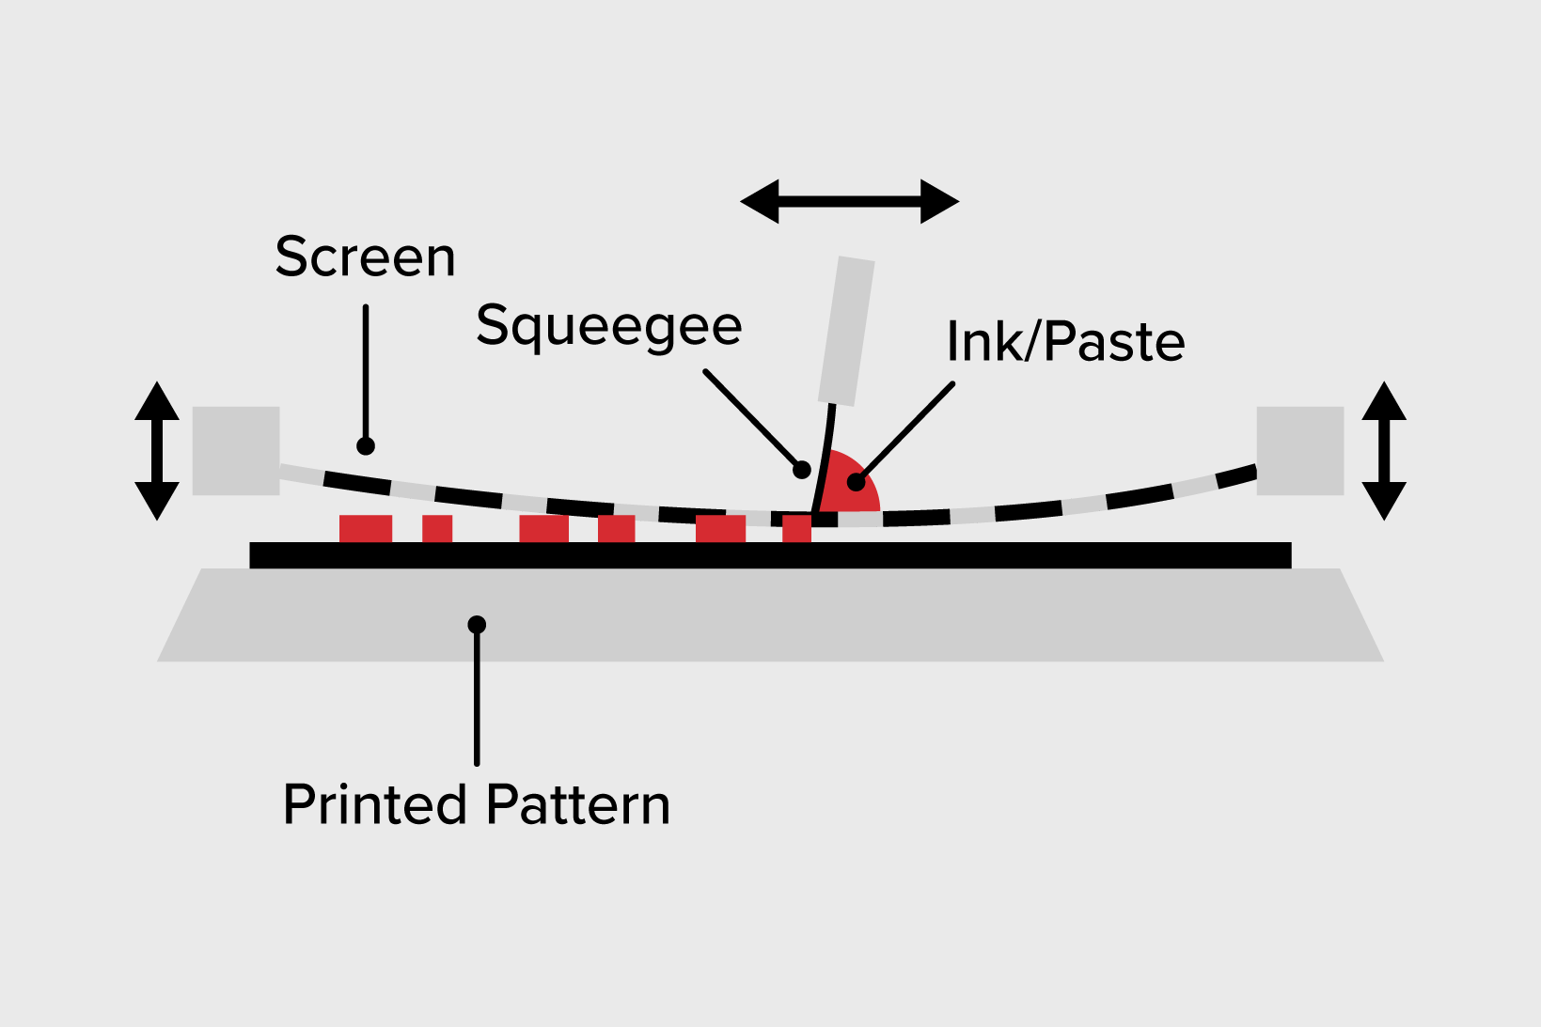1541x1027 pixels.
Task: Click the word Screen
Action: [x=365, y=257]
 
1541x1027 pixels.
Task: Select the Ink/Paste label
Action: [x=1065, y=341]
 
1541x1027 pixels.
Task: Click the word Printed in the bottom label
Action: [x=374, y=804]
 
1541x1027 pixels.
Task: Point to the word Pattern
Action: [x=578, y=804]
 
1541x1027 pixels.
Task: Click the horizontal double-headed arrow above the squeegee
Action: [x=850, y=201]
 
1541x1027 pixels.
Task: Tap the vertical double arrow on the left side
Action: [x=157, y=451]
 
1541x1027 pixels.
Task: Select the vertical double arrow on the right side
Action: [x=1384, y=451]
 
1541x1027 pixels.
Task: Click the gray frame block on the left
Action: [x=236, y=450]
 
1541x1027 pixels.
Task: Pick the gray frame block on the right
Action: [x=1300, y=450]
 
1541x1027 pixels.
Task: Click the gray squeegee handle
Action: [x=846, y=331]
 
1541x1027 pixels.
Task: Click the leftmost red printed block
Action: [x=366, y=529]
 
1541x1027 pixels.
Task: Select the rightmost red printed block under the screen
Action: [x=796, y=529]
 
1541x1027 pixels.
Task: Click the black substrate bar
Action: [x=770, y=555]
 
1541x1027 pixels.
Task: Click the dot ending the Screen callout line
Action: [x=366, y=445]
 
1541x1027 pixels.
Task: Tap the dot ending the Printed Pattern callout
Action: [x=477, y=624]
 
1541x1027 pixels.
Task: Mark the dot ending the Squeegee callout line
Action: [x=801, y=469]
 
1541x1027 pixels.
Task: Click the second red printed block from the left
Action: [x=437, y=529]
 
